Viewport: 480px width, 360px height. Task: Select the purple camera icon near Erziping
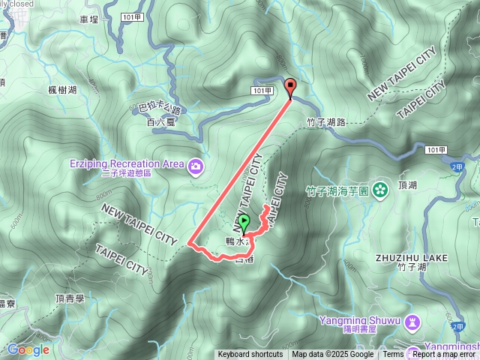tap(196, 166)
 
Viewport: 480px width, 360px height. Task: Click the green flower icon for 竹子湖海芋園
tap(379, 187)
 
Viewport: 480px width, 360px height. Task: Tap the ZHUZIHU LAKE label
tap(411, 257)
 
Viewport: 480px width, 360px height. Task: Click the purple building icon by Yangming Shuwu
tap(411, 322)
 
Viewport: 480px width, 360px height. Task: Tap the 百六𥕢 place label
tap(160, 121)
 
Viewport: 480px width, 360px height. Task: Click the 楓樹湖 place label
tap(63, 90)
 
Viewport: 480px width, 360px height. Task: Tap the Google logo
tap(28, 349)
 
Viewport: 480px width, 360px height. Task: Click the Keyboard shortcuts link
tap(250, 355)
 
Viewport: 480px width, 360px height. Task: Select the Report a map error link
tap(445, 355)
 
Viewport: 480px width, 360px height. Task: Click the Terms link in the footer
tap(393, 355)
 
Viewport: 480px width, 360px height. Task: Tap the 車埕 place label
tap(88, 19)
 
